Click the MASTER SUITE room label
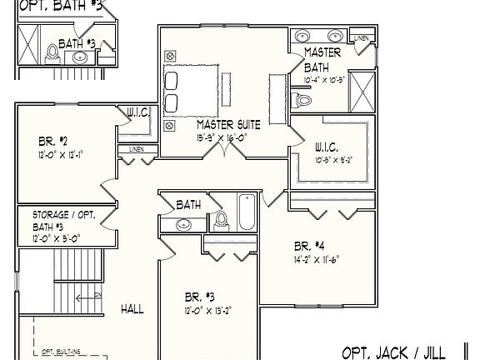[x=228, y=124]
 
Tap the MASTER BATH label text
[x=322, y=59]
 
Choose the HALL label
[x=132, y=308]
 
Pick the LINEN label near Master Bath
[x=361, y=38]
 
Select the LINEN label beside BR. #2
[x=135, y=149]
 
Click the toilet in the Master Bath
[x=302, y=100]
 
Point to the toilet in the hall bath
[x=222, y=220]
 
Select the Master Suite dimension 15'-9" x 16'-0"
[x=222, y=137]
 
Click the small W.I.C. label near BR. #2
[x=137, y=112]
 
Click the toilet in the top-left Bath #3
[x=52, y=52]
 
